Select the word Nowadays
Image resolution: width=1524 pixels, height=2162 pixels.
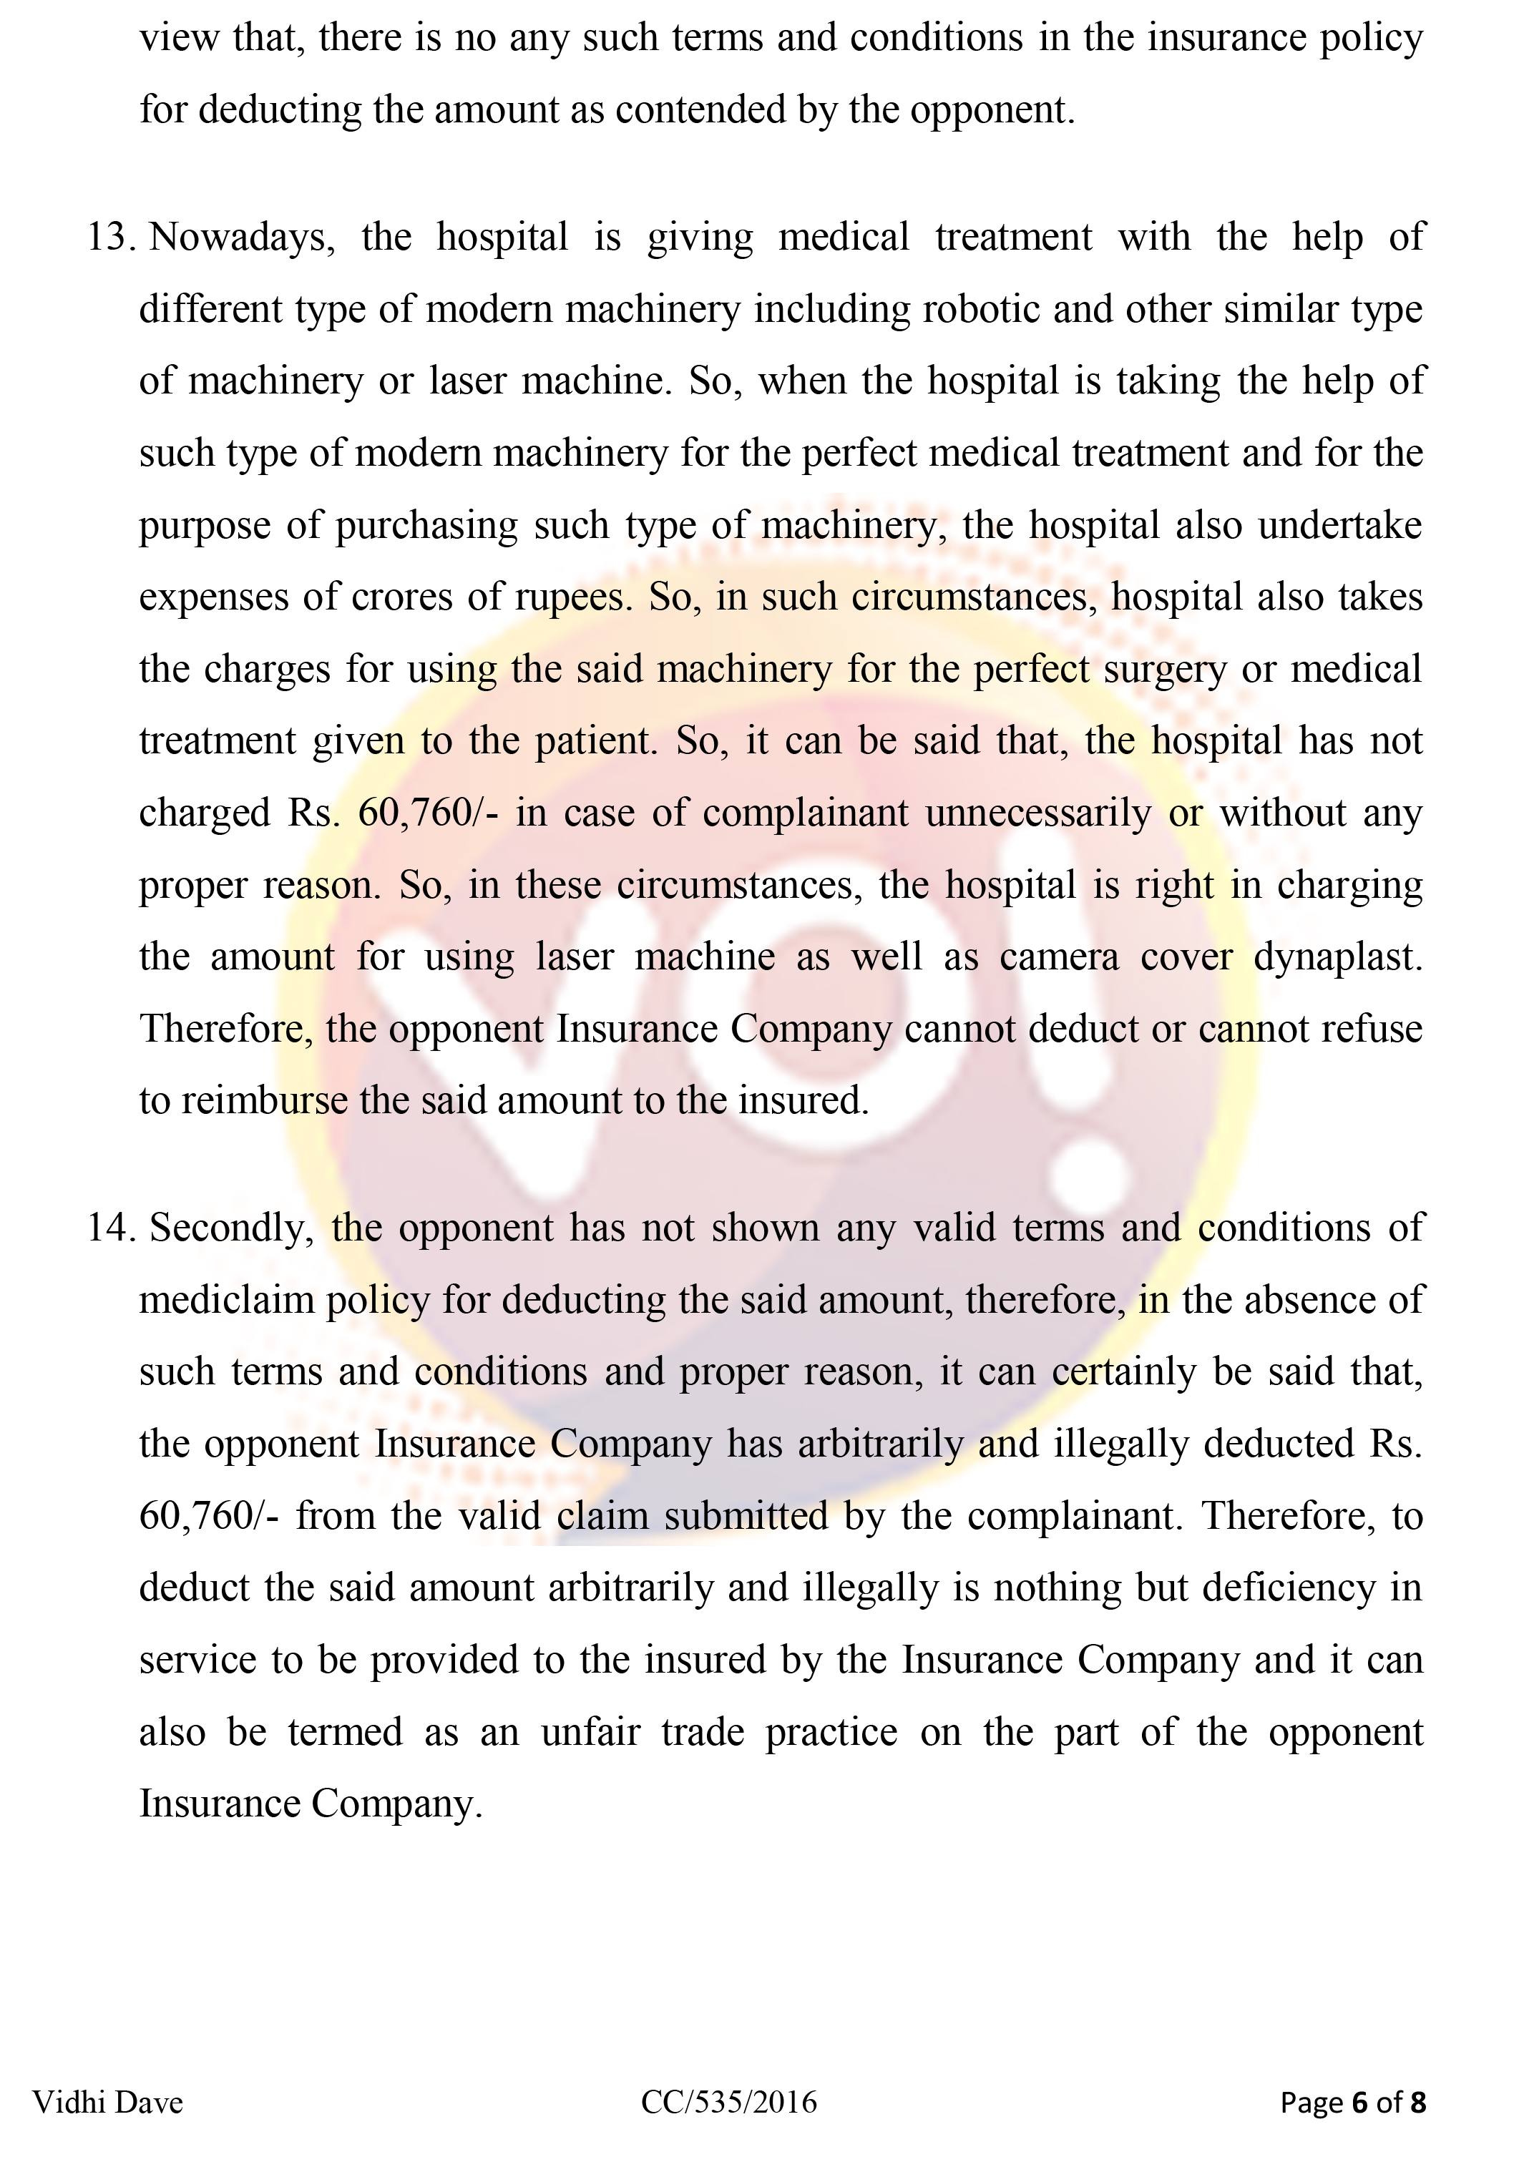click(x=242, y=238)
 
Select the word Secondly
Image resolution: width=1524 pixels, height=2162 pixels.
click(x=232, y=1228)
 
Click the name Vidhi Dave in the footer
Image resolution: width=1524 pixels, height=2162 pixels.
click(x=108, y=2102)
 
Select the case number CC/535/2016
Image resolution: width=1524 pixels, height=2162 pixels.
click(x=729, y=2102)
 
